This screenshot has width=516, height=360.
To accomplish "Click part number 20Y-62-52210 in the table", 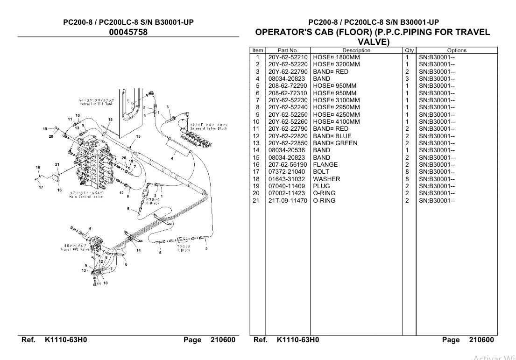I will coord(287,57).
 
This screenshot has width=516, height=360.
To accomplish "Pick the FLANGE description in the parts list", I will coord(325,165).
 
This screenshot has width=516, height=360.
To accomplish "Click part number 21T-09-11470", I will coord(287,201).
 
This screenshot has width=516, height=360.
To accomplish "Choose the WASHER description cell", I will coord(326,179).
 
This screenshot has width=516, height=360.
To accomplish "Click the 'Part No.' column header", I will coord(287,50).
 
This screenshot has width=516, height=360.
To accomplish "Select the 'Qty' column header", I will coord(409,50).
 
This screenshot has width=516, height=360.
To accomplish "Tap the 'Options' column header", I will coord(456,50).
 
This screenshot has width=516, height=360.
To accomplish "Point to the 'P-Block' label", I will coord(153,202).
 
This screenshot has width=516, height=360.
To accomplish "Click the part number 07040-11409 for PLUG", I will coord(287,186).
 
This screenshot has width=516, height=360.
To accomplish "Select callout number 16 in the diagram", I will coord(59,190).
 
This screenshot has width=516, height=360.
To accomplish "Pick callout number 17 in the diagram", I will coord(41,188).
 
